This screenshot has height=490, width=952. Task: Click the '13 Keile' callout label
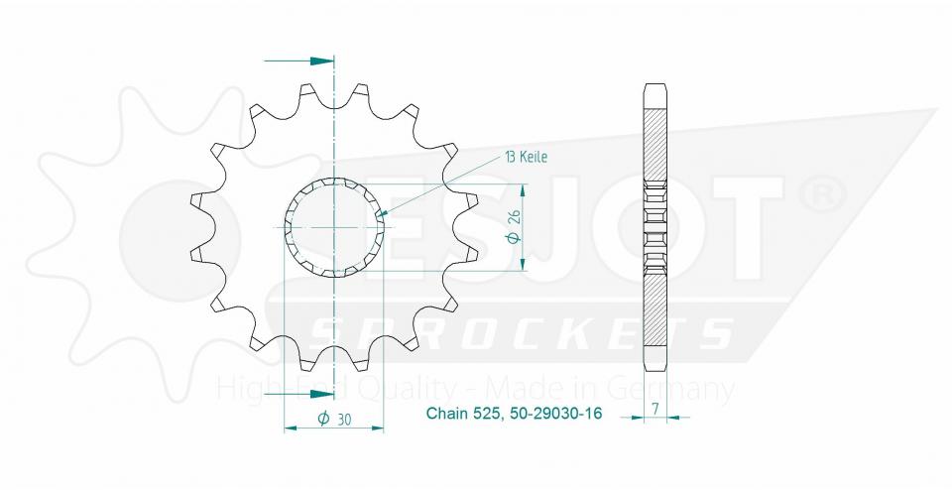[527, 157]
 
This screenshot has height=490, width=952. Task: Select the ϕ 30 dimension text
[334, 420]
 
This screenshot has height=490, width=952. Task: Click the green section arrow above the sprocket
[315, 61]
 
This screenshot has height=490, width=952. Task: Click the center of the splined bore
[335, 227]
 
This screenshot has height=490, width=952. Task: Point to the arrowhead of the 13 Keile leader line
[381, 215]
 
